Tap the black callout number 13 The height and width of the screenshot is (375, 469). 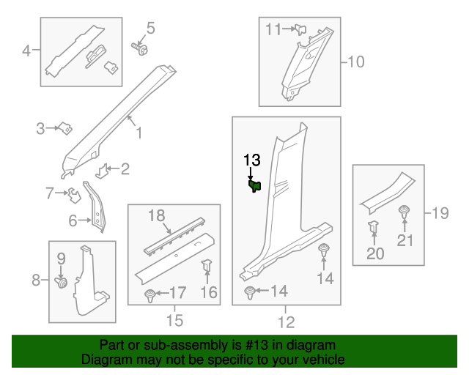[251, 160]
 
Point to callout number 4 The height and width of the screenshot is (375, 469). [27, 51]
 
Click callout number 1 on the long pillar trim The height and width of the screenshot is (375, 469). [138, 133]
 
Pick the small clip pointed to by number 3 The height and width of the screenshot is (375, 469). [64, 129]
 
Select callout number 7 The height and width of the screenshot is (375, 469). [50, 194]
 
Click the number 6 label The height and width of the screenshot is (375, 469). [73, 220]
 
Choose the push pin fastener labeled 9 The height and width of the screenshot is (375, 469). [62, 281]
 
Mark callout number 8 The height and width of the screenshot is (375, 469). [35, 279]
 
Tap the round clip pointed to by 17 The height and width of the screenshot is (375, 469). [151, 295]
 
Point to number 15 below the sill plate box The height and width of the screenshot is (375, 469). [174, 321]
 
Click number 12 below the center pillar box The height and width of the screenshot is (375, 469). [286, 321]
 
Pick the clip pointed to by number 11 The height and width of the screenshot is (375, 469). [300, 29]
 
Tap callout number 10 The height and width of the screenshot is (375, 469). [355, 62]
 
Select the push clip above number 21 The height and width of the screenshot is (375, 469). [404, 214]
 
